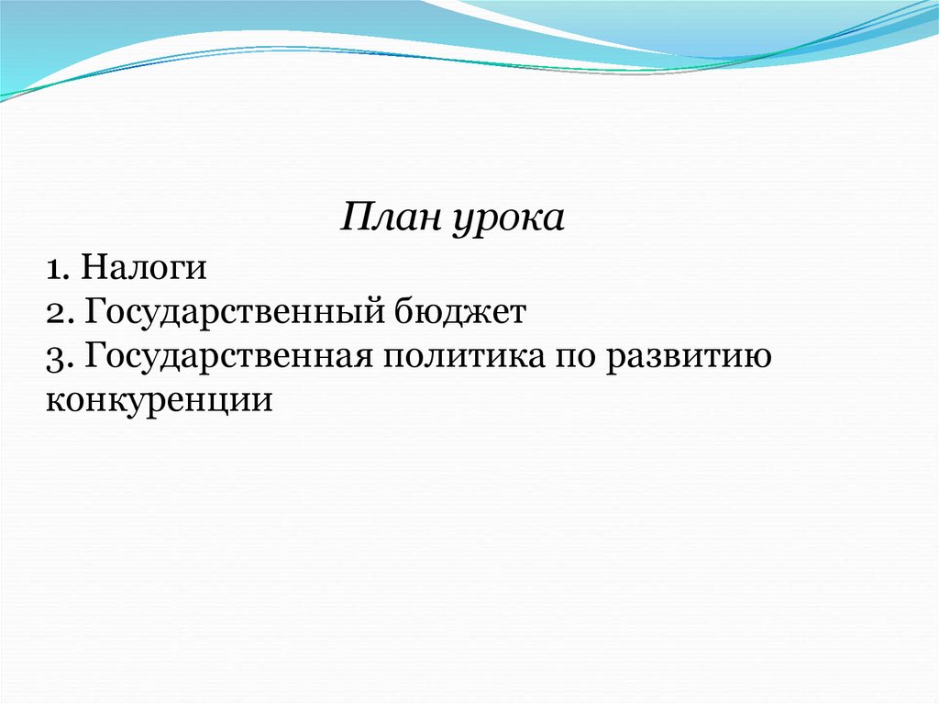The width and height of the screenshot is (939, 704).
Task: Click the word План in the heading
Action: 389,217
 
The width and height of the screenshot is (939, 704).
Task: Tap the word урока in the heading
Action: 508,220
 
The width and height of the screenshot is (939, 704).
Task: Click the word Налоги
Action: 144,268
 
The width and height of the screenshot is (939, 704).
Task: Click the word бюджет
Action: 460,311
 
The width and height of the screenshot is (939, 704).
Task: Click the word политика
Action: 464,357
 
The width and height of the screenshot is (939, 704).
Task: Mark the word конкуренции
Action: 160,400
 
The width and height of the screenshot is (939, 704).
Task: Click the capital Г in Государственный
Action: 96,310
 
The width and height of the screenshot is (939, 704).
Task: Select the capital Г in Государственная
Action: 96,355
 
